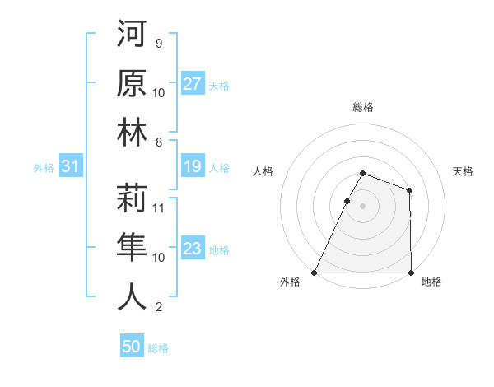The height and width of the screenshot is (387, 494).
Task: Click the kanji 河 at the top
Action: (x=132, y=34)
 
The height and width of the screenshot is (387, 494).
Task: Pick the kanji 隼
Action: (x=132, y=247)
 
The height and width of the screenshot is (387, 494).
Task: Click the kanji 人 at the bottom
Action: (x=132, y=296)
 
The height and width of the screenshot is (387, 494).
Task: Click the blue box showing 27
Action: (x=193, y=83)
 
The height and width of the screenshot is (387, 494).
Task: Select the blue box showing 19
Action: (x=193, y=167)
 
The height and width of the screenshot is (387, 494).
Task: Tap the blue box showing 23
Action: (x=193, y=249)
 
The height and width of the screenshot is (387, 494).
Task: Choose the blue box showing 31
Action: (x=70, y=167)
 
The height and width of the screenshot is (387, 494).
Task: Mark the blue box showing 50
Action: (x=132, y=347)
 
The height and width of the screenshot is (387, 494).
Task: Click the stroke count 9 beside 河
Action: (x=159, y=43)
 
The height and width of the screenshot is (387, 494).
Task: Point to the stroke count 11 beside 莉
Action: (x=159, y=207)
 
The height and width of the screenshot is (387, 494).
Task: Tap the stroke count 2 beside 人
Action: (x=159, y=308)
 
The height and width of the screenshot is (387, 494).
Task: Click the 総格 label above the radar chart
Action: (x=362, y=107)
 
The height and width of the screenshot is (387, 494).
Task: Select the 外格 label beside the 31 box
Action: (x=44, y=168)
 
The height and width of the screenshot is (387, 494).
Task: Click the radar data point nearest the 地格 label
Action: (x=411, y=273)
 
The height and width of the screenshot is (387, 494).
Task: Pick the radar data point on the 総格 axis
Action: (x=362, y=173)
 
